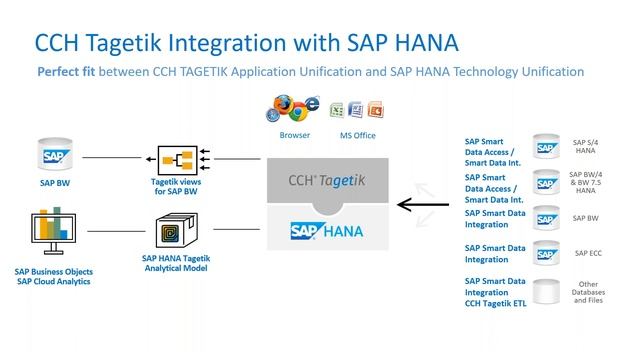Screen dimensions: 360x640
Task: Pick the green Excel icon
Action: click(338, 109)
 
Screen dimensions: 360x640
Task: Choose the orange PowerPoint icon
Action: click(374, 109)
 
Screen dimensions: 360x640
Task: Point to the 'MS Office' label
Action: click(356, 134)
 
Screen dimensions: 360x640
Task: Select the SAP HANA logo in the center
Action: click(321, 229)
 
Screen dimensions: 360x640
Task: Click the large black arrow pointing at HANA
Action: click(421, 206)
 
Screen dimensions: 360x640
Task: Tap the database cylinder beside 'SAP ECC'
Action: click(546, 252)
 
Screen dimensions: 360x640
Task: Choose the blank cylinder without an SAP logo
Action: click(546, 292)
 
